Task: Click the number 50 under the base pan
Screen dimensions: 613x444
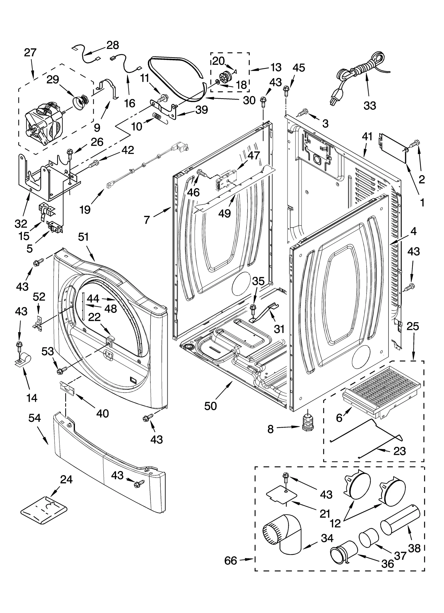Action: tap(210, 406)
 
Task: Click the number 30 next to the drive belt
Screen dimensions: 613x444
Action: tap(249, 100)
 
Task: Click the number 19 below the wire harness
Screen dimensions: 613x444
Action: tap(85, 210)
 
